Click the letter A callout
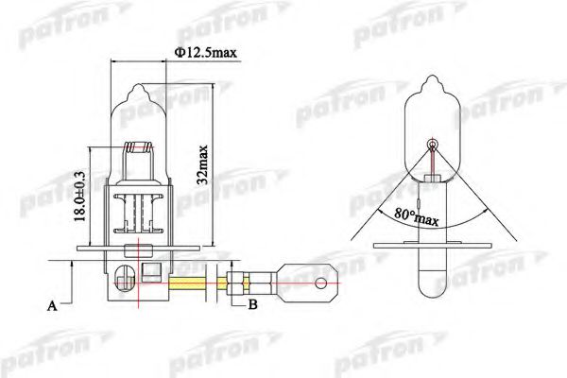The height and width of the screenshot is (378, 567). pyautogui.click(x=53, y=306)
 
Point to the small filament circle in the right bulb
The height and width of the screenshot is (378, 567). pyautogui.click(x=433, y=145)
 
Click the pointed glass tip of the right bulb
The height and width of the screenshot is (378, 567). pyautogui.click(x=433, y=84)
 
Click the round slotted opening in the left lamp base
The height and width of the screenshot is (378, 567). pyautogui.click(x=122, y=281)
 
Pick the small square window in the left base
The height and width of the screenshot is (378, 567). pyautogui.click(x=149, y=274)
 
